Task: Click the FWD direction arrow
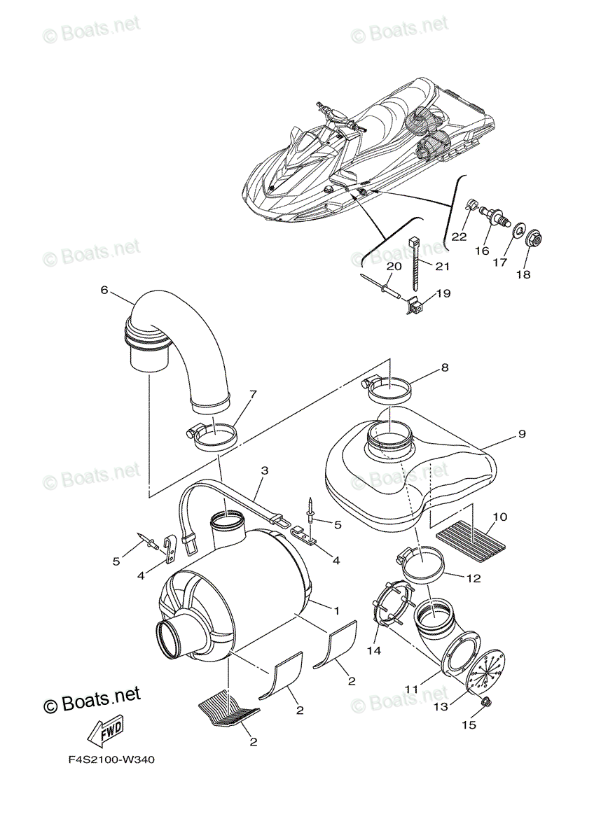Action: pos(104,733)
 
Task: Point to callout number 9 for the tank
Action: pos(522,434)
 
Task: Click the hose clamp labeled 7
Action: pos(213,439)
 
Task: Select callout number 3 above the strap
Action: pos(265,472)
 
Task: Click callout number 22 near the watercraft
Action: pos(459,237)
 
